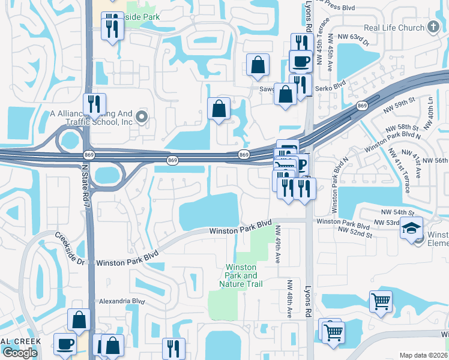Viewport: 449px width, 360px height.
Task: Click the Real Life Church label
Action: [x=394, y=28]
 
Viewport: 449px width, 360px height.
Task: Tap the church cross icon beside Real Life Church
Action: [x=433, y=27]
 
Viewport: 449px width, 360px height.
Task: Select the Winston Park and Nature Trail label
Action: [x=241, y=275]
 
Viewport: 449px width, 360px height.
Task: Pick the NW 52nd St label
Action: [x=355, y=230]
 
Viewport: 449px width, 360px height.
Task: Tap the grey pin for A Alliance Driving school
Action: [x=142, y=117]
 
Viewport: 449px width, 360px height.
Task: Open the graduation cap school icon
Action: [x=412, y=229]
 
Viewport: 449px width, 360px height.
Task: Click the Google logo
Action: [x=20, y=353]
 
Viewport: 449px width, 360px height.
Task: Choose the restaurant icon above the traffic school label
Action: [x=94, y=104]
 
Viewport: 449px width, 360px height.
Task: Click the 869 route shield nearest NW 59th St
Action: [x=361, y=106]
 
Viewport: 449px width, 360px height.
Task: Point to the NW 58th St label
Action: [x=407, y=128]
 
